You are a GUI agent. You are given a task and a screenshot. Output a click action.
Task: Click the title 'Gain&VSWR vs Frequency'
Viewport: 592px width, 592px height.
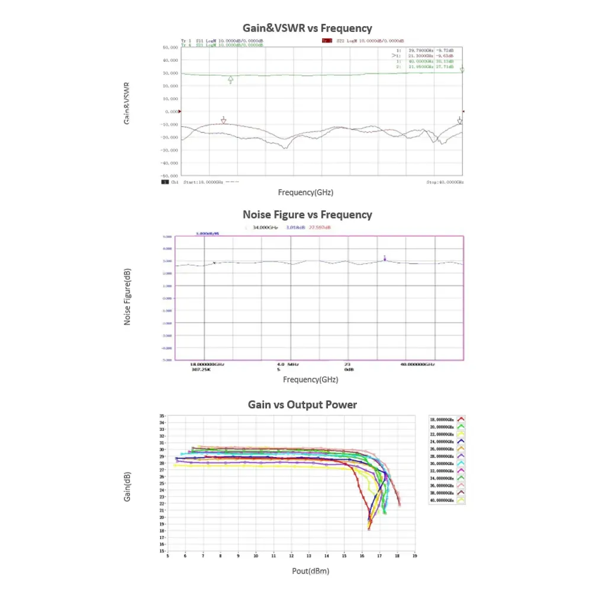tap(308, 28)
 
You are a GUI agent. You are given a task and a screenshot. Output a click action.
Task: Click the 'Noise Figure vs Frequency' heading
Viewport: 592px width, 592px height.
tap(307, 214)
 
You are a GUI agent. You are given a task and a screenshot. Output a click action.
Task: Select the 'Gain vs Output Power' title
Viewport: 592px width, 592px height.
tap(302, 404)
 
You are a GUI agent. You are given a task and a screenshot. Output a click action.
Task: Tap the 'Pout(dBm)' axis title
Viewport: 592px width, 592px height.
tap(311, 571)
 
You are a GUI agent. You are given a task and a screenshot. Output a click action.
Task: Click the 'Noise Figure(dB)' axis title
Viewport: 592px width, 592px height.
tap(127, 297)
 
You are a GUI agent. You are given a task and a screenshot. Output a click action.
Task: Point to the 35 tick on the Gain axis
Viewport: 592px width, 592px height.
tap(162, 416)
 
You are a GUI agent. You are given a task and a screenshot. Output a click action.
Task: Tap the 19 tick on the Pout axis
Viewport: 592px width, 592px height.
tap(414, 556)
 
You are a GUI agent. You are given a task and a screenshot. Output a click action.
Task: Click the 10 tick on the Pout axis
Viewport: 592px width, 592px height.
tap(256, 556)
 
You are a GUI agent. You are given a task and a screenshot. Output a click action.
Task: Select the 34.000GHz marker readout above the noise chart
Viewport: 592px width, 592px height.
tap(265, 227)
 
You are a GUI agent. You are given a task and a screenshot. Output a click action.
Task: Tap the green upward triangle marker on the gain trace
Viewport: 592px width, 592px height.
tap(230, 79)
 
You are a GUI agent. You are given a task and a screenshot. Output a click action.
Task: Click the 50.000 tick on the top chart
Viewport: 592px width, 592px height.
tap(171, 47)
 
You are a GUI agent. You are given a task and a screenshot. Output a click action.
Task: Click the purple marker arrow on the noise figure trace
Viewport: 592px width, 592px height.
tap(385, 258)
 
